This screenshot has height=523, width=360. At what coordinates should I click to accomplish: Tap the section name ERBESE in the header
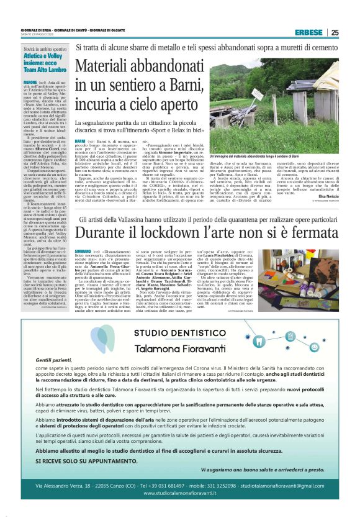308,32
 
